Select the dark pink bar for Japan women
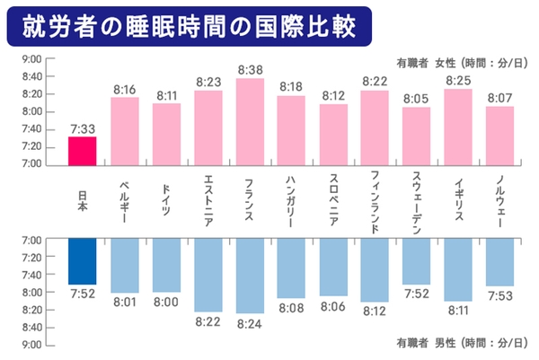pyautogui.click(x=82, y=151)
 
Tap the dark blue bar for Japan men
pyautogui.click(x=82, y=261)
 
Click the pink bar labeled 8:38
pyautogui.click(x=249, y=121)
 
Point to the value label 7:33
pyautogui.click(x=82, y=129)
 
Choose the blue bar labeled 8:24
pyautogui.click(x=249, y=276)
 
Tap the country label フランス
pyautogui.click(x=249, y=199)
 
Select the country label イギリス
pyautogui.click(x=458, y=199)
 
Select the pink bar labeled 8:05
pyautogui.click(x=416, y=136)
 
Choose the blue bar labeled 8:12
pyautogui.click(x=375, y=270)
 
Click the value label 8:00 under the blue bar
pyautogui.click(x=165, y=302)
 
